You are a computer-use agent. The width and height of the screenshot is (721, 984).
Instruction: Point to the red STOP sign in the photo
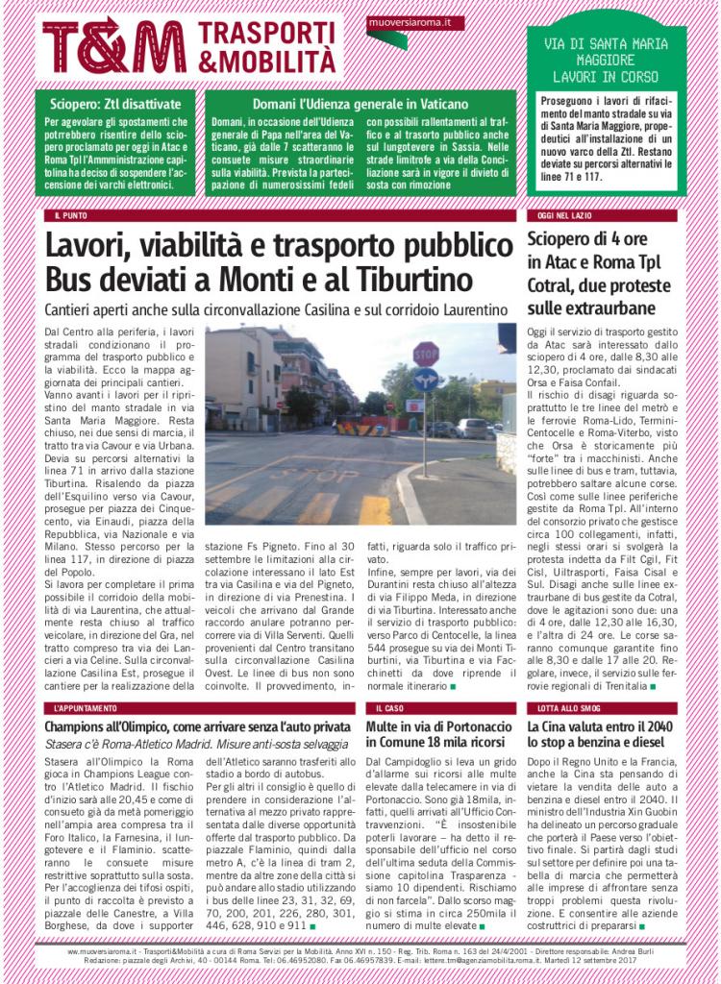click(425, 353)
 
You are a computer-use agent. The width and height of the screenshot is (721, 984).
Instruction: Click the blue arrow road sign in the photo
click(424, 380)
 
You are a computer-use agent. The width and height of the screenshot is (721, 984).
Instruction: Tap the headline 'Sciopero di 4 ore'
click(585, 239)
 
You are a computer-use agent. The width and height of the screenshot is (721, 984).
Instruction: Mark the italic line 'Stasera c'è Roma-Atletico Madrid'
click(182, 746)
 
